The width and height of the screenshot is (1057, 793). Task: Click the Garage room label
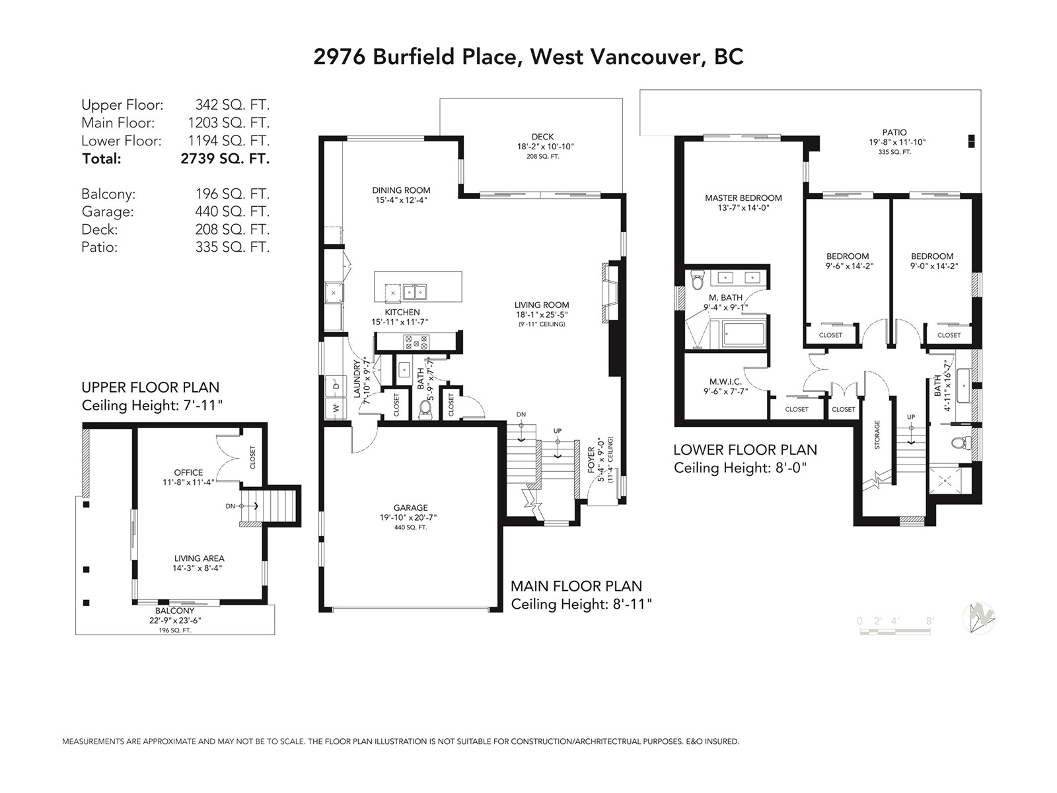410,508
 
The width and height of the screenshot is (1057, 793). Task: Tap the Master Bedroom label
743,198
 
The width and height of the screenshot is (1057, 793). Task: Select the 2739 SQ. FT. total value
225,159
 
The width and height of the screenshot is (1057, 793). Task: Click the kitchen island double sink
415,292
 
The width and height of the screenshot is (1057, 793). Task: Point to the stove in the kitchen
416,342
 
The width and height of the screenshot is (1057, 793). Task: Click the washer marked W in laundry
336,408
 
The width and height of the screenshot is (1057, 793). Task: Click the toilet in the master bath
697,280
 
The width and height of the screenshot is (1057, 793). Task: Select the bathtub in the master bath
743,334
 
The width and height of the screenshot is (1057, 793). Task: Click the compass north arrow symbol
978,619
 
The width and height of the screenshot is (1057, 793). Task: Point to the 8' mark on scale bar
930,621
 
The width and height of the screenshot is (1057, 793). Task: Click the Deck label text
543,137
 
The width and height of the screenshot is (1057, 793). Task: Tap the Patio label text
894,132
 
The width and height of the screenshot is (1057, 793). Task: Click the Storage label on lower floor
877,435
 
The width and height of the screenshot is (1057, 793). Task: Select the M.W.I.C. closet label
725,381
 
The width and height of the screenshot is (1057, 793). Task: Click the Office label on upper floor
188,472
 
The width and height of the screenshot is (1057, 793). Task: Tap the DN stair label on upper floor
230,506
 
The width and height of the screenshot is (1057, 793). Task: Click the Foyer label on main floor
592,460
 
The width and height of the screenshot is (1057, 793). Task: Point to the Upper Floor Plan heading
150,387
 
